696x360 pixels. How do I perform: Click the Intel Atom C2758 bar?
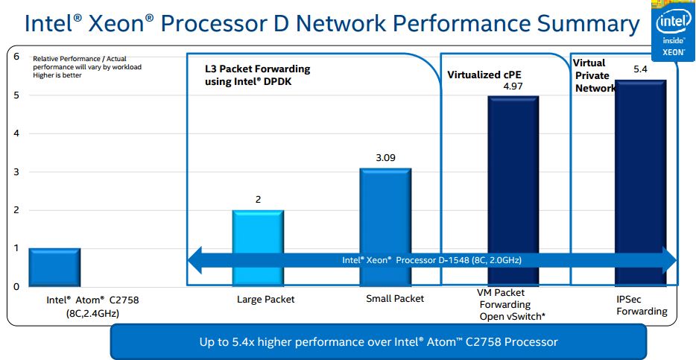coord(54,267)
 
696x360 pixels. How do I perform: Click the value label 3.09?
coord(385,159)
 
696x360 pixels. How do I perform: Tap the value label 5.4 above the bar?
coord(640,69)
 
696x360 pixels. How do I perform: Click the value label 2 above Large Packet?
coord(259,199)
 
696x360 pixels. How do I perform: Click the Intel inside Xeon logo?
coord(672,31)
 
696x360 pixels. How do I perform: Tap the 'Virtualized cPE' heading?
coord(483,75)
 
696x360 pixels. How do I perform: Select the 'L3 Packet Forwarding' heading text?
coord(257,69)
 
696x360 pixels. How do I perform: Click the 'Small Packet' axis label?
coord(394,299)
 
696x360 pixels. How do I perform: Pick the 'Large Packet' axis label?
coord(265,300)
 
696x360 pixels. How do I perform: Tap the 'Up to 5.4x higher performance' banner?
coord(379,342)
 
